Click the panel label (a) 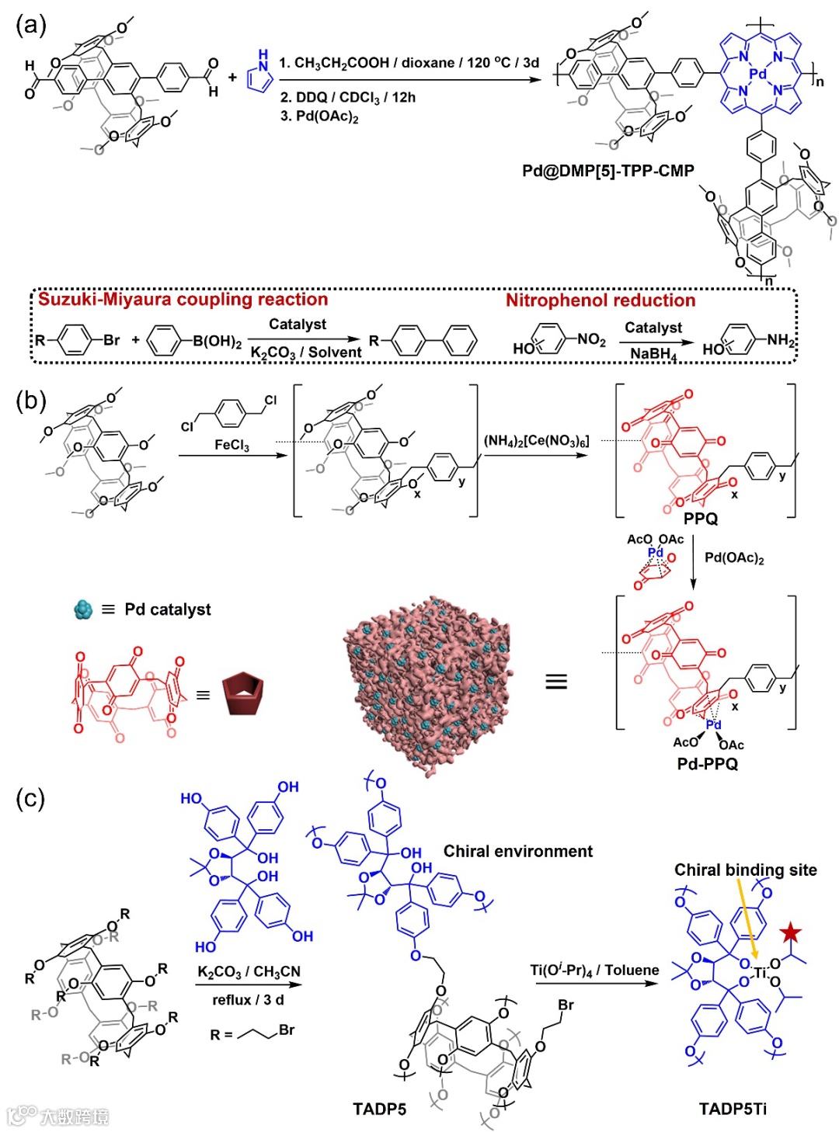31,25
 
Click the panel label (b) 31,401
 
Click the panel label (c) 30,798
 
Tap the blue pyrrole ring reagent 260,76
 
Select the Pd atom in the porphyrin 757,74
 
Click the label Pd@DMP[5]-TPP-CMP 607,171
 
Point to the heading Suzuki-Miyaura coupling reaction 183,300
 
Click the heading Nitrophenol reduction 601,300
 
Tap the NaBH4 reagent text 653,354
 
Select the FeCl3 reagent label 232,445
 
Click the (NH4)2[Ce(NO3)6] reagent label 536,441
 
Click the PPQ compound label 700,518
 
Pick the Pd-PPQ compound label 707,763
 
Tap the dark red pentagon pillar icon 243,693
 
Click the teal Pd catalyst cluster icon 83,609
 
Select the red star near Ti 791,932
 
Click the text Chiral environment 517,852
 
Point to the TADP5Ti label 732,1109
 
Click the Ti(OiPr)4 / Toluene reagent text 594,971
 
